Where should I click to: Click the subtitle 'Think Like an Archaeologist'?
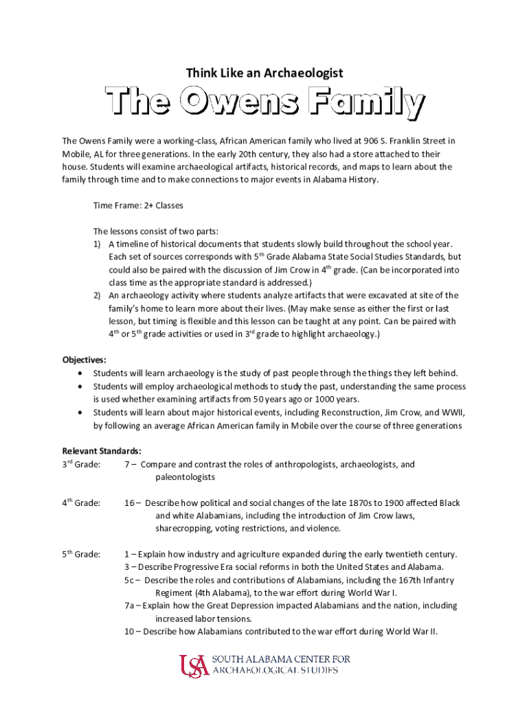pyautogui.click(x=264, y=72)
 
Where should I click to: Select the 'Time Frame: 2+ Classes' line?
pyautogui.click(x=138, y=205)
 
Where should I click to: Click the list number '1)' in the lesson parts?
pyautogui.click(x=98, y=244)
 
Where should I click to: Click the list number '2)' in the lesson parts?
pyautogui.click(x=98, y=295)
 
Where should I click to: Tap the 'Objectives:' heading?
pyautogui.click(x=85, y=360)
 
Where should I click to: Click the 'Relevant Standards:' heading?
pyautogui.click(x=102, y=451)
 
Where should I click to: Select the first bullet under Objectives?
pyautogui.click(x=82, y=373)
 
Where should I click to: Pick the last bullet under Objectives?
pyautogui.click(x=82, y=413)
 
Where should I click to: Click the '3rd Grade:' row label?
pyautogui.click(x=81, y=465)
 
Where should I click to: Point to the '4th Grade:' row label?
pyautogui.click(x=81, y=503)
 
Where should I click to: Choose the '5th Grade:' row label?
pyautogui.click(x=81, y=555)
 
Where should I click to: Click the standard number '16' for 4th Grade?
pyautogui.click(x=129, y=503)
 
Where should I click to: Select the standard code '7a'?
pyautogui.click(x=131, y=606)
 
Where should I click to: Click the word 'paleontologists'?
pyautogui.click(x=185, y=477)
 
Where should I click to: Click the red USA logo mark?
pyautogui.click(x=194, y=665)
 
